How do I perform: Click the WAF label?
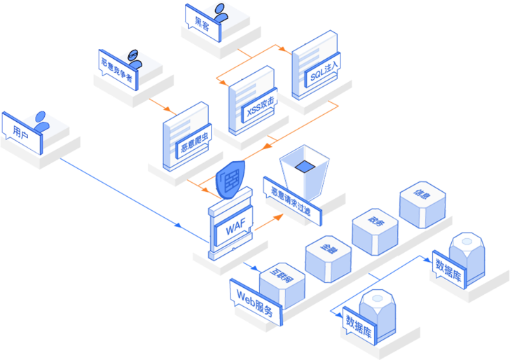click(232, 229)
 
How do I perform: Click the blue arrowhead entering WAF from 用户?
click(179, 225)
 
